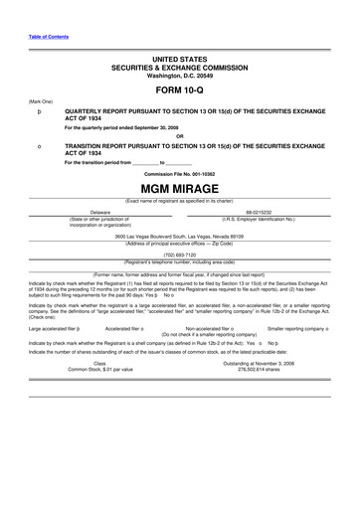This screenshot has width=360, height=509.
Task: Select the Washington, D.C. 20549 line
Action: point(179,75)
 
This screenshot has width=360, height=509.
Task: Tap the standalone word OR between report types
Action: point(179,136)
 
